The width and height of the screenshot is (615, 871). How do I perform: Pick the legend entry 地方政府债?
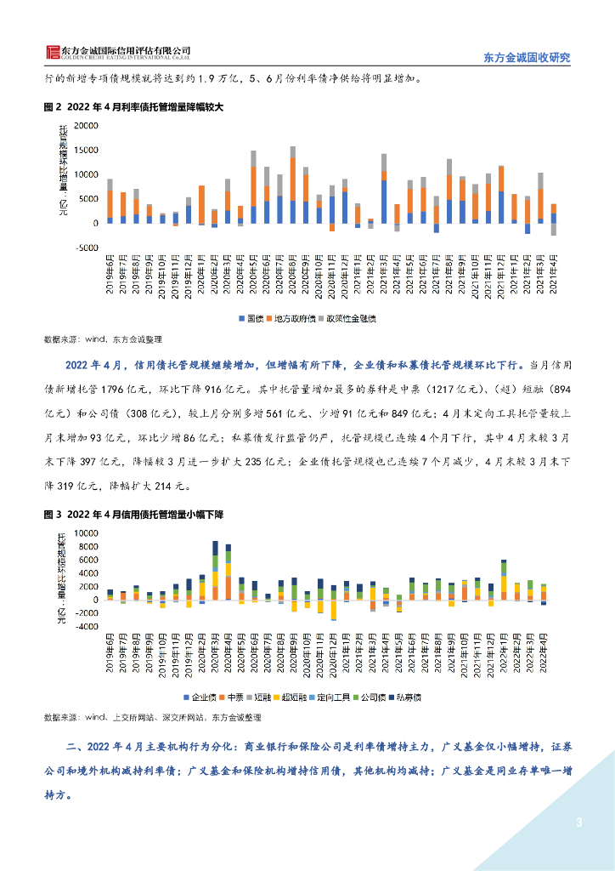coord(291,318)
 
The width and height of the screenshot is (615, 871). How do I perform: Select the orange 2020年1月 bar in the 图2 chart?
coord(201,205)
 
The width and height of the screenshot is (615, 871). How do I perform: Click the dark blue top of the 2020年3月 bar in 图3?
coord(215,548)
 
